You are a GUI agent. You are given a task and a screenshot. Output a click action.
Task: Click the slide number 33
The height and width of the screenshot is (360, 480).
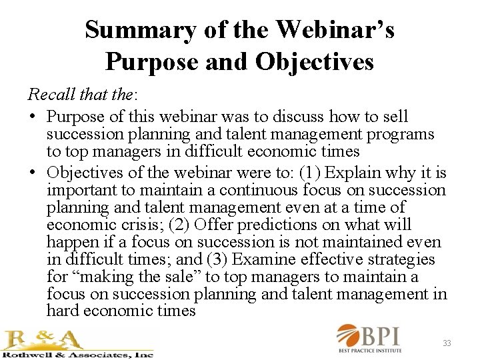(447, 343)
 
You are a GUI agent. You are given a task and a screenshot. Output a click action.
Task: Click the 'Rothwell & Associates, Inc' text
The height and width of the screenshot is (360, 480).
(78, 353)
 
